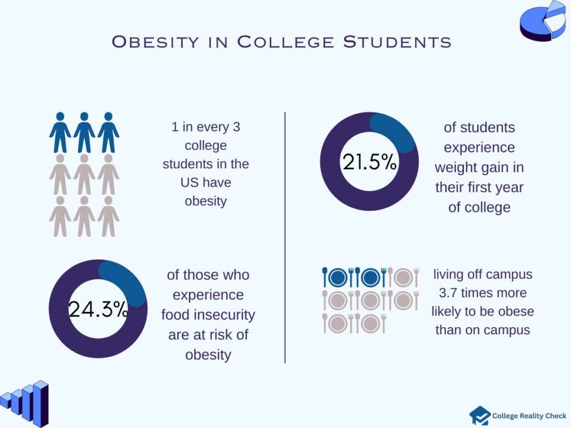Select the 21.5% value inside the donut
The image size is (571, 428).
[x=369, y=162]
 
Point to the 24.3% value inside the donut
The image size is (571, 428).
[x=98, y=309]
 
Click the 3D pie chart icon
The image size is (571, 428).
[x=542, y=21]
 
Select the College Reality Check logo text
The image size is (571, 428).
[x=529, y=416]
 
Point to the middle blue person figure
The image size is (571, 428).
[x=84, y=133]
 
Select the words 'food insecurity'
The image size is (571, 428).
[x=208, y=315]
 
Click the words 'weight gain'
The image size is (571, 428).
[x=479, y=167]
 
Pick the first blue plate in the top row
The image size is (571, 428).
[x=338, y=277]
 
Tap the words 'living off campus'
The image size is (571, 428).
[x=482, y=274]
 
